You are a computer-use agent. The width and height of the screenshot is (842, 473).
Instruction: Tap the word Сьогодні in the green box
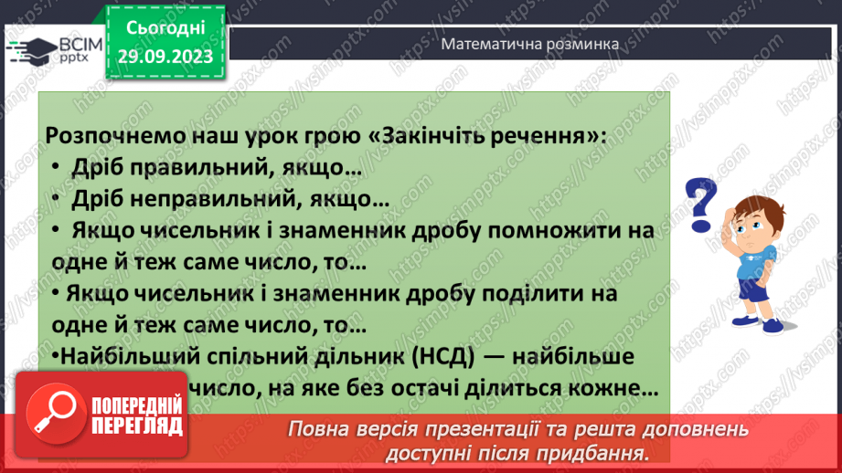click(x=166, y=28)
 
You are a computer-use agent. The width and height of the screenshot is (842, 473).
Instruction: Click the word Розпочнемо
click(x=101, y=134)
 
